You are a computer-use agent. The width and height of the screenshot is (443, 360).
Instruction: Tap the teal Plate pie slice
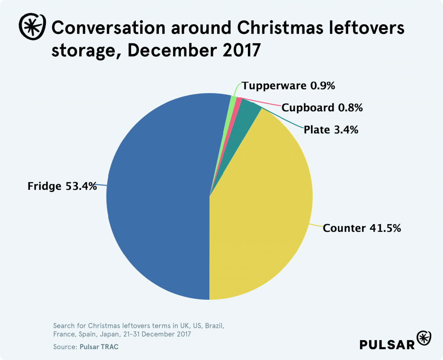pyautogui.click(x=248, y=110)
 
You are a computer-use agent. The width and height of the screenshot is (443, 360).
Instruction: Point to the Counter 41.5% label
pyautogui.click(x=362, y=228)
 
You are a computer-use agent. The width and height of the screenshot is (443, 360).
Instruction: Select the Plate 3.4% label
pyautogui.click(x=331, y=129)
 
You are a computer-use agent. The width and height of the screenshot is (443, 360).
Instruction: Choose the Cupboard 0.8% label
pyautogui.click(x=322, y=107)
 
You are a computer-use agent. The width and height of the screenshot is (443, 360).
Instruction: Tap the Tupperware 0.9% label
pyautogui.click(x=289, y=86)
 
